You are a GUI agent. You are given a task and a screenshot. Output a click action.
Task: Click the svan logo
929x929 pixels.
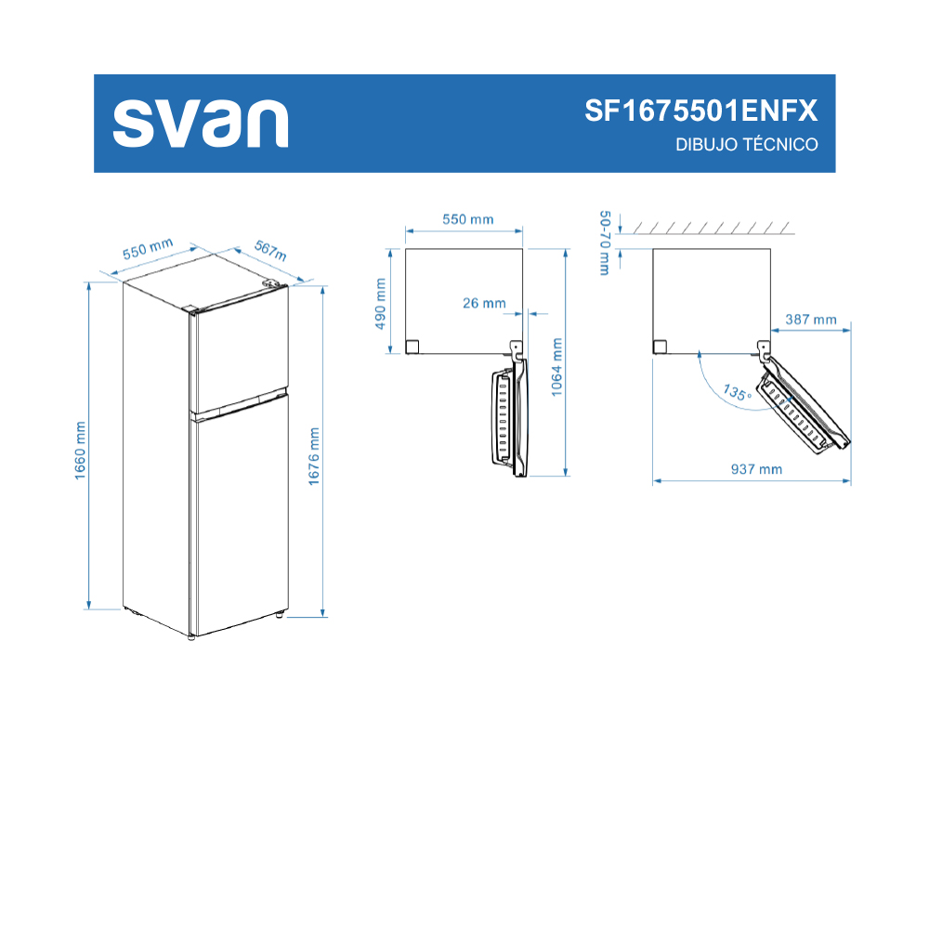point(201,124)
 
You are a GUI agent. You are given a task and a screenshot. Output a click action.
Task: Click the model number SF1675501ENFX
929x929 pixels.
point(700,111)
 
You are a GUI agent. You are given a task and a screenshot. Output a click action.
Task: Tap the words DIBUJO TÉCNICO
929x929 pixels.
point(747,145)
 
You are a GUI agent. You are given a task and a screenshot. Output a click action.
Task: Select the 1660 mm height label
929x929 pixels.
point(80,451)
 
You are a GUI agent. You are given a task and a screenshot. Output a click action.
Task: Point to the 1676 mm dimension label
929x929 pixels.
point(314,456)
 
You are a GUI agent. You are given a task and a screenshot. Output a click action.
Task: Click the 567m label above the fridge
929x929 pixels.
point(270,250)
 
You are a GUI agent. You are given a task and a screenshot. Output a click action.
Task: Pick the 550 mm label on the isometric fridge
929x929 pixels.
point(148,248)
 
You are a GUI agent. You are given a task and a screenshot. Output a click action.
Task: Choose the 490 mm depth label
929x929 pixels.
point(380,304)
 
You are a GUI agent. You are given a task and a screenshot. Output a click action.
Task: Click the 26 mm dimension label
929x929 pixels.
point(484,304)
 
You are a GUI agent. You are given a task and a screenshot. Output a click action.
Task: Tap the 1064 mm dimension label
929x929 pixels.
point(556,367)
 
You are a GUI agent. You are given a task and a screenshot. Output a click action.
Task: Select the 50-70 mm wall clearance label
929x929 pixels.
point(605,242)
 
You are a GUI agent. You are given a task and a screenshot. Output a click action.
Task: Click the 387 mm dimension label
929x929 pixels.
point(810,320)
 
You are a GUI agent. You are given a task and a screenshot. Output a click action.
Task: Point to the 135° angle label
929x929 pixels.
point(738,392)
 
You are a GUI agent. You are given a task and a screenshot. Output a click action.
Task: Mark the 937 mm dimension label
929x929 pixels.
point(756,469)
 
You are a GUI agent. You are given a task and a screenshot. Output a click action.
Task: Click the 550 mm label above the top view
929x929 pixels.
point(468,219)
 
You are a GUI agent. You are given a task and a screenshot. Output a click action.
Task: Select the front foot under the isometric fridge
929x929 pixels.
point(190,637)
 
